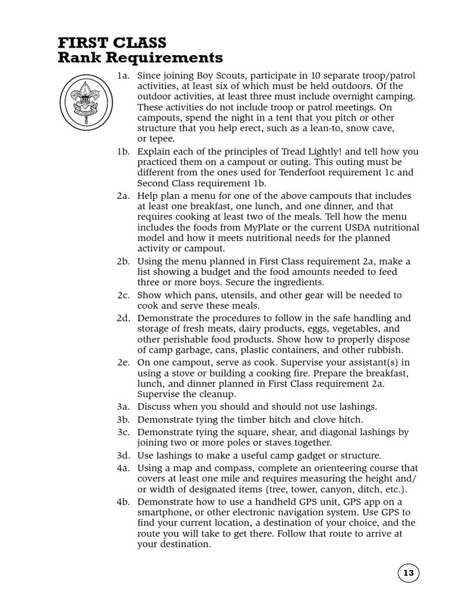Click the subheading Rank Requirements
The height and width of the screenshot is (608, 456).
(140, 58)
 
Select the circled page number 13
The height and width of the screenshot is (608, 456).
(408, 573)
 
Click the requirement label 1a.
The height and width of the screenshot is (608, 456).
(123, 75)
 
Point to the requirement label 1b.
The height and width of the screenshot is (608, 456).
(123, 151)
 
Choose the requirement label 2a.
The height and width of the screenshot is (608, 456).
(123, 195)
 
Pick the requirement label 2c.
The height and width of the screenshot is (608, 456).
(123, 294)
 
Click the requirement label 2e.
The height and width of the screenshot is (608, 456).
(123, 362)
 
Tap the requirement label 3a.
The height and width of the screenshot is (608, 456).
(123, 406)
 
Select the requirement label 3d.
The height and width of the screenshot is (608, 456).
(123, 455)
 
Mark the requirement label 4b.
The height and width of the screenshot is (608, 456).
(123, 502)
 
